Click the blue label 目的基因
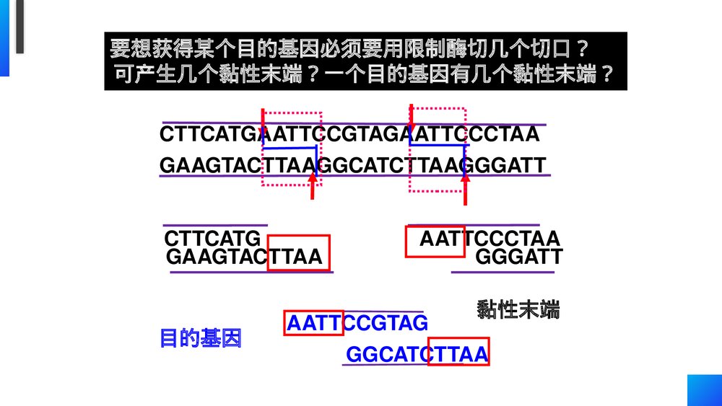click(200, 338)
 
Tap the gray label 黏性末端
click(518, 310)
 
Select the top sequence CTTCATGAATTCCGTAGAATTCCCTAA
click(349, 135)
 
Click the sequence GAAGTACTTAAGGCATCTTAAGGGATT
click(352, 166)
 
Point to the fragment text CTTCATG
click(212, 239)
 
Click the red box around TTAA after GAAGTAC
click(298, 253)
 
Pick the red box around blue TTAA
click(458, 351)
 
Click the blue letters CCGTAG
click(386, 323)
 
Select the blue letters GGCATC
click(387, 355)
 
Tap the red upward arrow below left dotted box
click(313, 186)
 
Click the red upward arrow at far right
click(466, 189)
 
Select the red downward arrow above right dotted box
click(411, 115)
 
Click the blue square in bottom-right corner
click(704, 390)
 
